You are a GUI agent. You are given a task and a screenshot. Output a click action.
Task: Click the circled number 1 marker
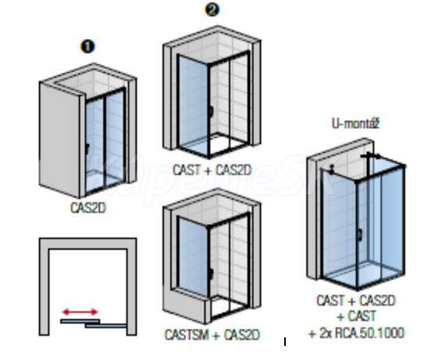pos(87,47)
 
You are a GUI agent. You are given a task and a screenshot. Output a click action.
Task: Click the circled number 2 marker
pos(212,9)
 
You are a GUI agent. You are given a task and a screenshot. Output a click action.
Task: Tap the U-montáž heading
pos(355,124)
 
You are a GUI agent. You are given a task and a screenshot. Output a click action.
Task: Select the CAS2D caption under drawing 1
pos(88,208)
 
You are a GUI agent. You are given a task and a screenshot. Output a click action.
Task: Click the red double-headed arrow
pos(80,312)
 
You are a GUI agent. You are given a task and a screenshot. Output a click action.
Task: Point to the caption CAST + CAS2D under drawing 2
pos(212,170)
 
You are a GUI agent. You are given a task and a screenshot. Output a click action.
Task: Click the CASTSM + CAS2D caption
pos(212,335)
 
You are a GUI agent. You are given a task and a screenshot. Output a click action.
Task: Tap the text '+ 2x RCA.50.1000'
pos(356,333)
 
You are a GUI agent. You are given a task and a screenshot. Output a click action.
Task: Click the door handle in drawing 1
pos(87,148)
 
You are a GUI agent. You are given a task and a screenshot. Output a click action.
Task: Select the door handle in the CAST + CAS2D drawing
pos(211,112)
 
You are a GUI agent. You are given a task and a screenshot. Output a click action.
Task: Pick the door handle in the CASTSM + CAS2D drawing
pos(211,274)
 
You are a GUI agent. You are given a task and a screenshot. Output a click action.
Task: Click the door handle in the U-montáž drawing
pos(360,235)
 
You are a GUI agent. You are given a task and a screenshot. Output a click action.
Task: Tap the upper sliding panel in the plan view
pos(80,321)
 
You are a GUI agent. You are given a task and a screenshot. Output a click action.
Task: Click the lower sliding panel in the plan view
pos(105,326)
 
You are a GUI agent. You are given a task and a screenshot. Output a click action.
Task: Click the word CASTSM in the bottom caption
pos(187,335)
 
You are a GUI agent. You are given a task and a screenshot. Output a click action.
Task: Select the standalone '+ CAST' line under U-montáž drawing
pos(356,316)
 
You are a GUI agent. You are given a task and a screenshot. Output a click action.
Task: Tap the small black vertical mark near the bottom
pos(285,341)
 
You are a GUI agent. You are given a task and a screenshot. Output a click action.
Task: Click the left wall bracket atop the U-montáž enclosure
pos(332,169)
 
